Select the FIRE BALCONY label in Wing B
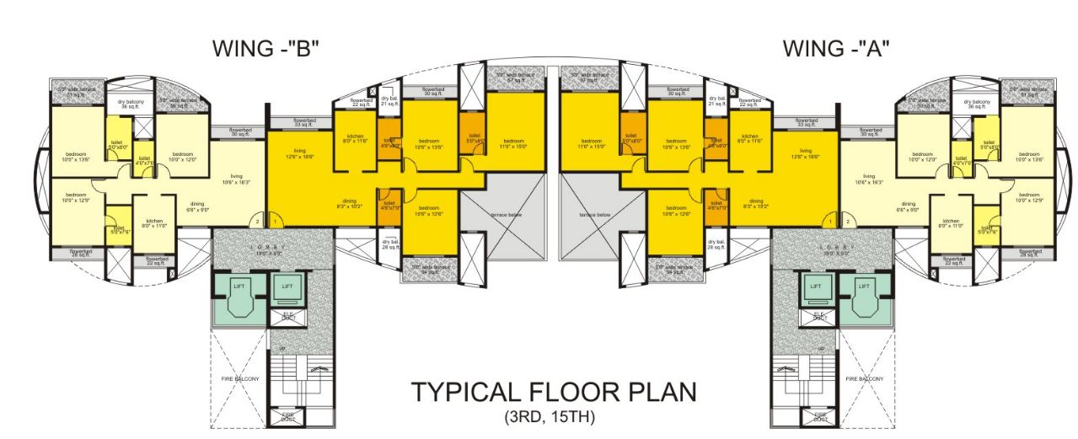point(239,379)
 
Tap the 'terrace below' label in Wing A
point(596,215)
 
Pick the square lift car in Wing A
point(816,290)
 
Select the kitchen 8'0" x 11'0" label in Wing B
point(155,223)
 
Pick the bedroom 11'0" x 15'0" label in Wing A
point(590,144)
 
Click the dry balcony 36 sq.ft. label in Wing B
point(128,104)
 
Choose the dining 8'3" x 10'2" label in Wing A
point(756,202)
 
